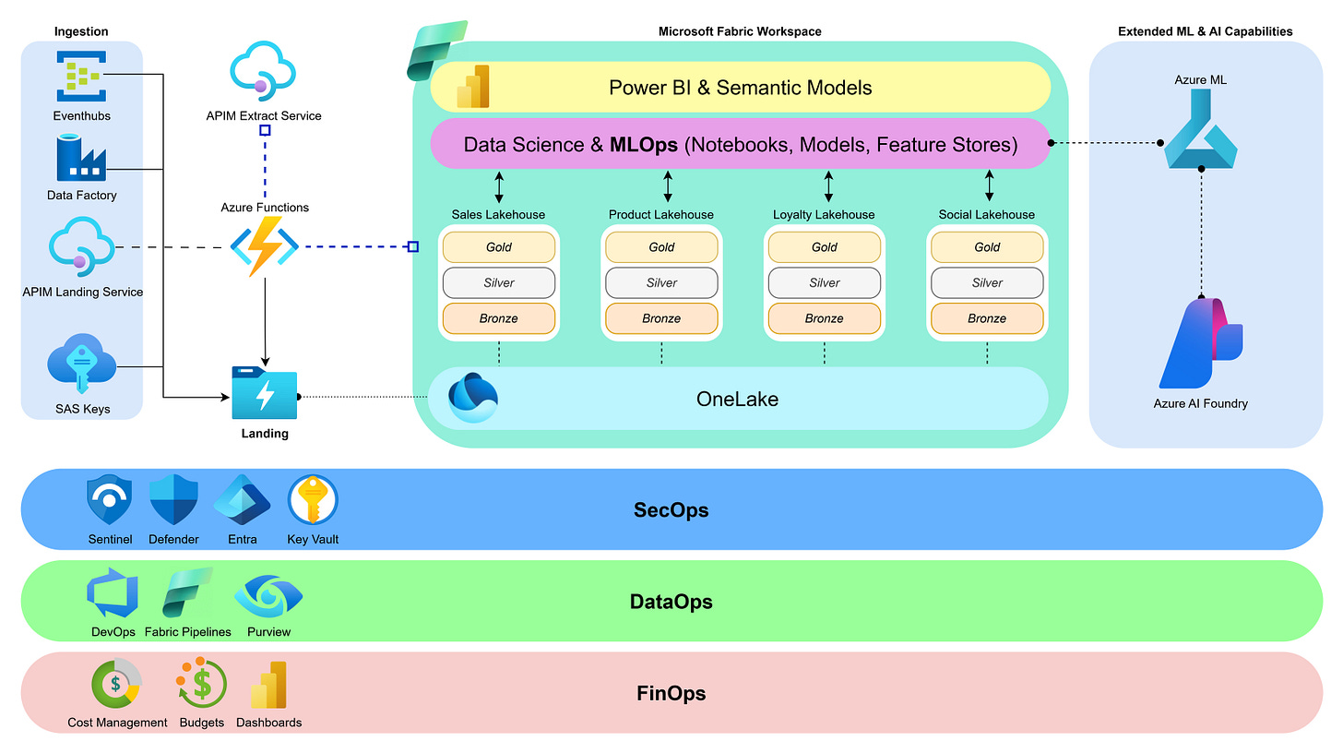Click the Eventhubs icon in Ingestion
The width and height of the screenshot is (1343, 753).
tap(82, 77)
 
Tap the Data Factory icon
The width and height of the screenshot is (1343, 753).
tap(82, 158)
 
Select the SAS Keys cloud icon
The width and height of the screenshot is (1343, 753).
tap(81, 365)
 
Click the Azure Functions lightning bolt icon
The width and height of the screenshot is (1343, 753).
tap(265, 246)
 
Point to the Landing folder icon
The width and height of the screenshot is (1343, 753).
tap(265, 394)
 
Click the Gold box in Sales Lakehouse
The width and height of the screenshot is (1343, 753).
tap(499, 247)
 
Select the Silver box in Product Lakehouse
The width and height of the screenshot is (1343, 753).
tap(661, 282)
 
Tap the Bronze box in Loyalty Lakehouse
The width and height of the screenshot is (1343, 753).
tap(825, 318)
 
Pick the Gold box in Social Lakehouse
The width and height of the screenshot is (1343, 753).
tap(987, 247)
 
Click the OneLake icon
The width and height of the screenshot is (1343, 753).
tap(473, 398)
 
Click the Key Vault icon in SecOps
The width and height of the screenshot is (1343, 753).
tap(313, 501)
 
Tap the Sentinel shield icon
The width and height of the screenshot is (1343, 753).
tap(110, 501)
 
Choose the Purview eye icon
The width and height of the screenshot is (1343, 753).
tap(268, 596)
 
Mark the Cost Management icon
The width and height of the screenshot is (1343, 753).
tap(116, 685)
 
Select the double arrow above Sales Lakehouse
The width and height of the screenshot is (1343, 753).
tap(499, 185)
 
